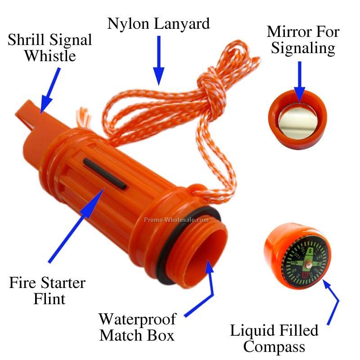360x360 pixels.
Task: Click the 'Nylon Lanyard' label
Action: pos(158,23)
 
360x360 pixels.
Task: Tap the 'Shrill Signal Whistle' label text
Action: pos(49,48)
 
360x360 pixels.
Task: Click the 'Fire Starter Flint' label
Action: pos(47,290)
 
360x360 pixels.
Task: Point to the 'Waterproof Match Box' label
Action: pos(137,327)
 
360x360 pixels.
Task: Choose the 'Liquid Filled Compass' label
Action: pos(274,338)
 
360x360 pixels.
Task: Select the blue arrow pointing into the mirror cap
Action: pos(300,81)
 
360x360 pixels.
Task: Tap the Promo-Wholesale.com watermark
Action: pos(176,220)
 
